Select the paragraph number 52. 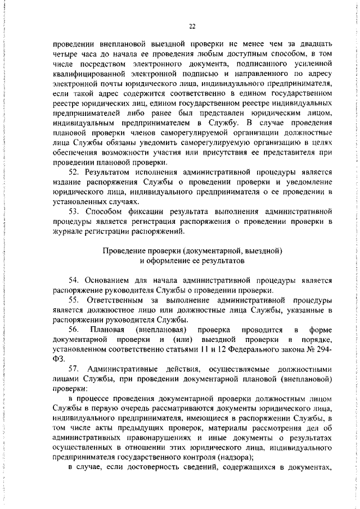pyautogui.click(x=73, y=172)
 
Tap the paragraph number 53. pyautogui.click(x=73, y=211)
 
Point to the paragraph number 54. pyautogui.click(x=73, y=280)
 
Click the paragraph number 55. pyautogui.click(x=73, y=300)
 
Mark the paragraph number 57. pyautogui.click(x=73, y=368)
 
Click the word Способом pyautogui.click(x=106, y=211)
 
